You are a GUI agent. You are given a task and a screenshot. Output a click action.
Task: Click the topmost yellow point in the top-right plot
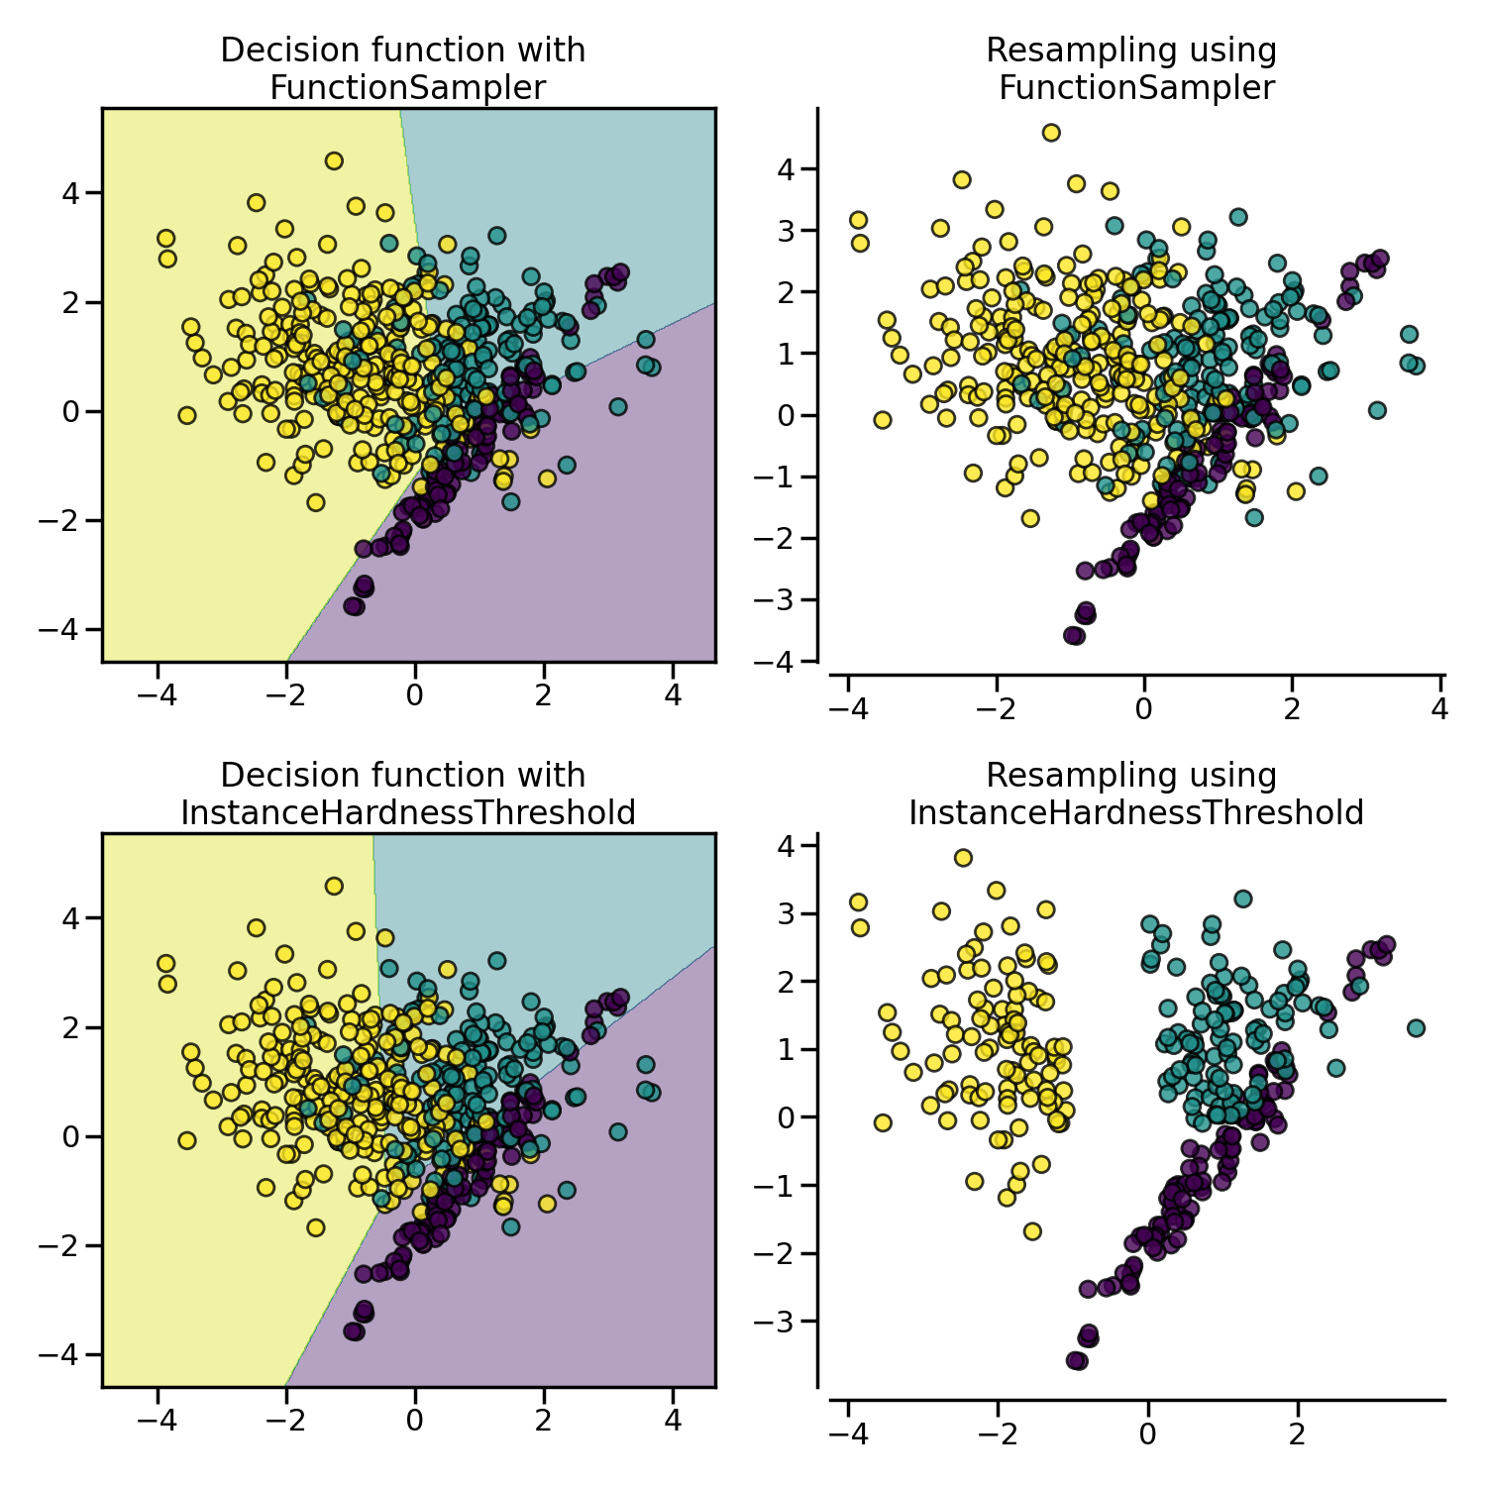[1051, 133]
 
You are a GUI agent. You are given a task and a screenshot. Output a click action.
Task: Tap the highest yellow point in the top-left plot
[334, 160]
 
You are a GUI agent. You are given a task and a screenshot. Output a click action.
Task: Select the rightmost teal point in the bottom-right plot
[1416, 1028]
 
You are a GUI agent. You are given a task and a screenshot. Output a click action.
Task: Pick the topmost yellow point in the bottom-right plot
[963, 858]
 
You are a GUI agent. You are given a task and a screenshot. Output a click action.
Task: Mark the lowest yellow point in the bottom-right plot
[1032, 1231]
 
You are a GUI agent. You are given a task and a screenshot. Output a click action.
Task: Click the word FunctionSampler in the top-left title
[407, 88]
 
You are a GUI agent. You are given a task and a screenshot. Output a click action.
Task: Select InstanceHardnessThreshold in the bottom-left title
[407, 813]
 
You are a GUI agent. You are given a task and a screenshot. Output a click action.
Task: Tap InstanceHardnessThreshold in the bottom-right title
[1135, 813]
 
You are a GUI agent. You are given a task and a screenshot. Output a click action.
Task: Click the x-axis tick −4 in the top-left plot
[157, 695]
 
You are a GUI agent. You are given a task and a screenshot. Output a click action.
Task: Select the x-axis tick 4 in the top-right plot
[1440, 709]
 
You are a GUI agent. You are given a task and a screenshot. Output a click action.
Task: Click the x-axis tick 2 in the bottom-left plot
[544, 1421]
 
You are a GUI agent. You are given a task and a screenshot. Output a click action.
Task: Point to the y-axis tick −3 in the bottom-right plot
[778, 1322]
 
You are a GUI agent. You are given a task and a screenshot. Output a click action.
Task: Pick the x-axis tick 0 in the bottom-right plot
[1147, 1434]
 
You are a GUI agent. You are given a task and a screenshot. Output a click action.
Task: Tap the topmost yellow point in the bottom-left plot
[334, 886]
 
